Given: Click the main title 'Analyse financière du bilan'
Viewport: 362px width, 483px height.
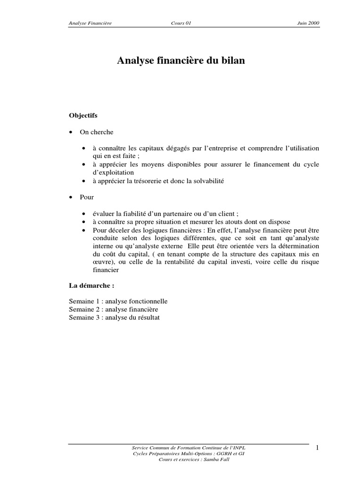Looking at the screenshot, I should click(181, 61).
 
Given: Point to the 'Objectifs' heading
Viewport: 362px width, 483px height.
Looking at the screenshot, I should click(83, 115).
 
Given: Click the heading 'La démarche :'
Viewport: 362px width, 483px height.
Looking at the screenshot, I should click(91, 286).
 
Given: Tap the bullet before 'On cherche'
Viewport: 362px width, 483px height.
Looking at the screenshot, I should click(71, 133).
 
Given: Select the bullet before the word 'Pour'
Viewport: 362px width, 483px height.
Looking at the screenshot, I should click(71, 197).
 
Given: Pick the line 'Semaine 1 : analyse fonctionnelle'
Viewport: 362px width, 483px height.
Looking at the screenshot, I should click(118, 301).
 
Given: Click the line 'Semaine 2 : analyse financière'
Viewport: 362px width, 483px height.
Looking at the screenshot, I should click(113, 309).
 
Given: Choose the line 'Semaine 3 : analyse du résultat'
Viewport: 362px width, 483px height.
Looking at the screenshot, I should click(114, 318).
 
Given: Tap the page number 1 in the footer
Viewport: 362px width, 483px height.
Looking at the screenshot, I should click(318, 447).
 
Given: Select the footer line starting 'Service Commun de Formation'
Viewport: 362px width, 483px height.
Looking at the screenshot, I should click(189, 447).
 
